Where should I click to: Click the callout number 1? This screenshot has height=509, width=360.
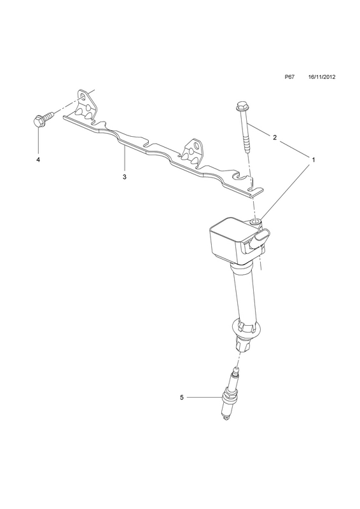(x=314, y=160)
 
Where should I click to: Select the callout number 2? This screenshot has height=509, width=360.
(x=275, y=137)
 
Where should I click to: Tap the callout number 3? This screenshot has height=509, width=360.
(x=124, y=177)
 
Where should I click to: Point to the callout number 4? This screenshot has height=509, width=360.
(x=38, y=160)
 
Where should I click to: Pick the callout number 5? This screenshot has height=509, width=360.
(x=181, y=397)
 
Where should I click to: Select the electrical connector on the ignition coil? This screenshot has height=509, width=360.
(x=258, y=240)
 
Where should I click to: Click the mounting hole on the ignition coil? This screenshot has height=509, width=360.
(x=256, y=222)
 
